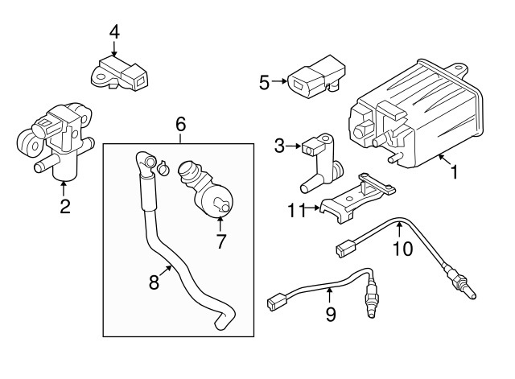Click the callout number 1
tap(454, 172)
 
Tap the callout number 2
tap(65, 207)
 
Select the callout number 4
tap(114, 32)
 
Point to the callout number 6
tap(180, 125)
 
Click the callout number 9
tap(331, 315)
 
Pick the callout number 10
tap(402, 249)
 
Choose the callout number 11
tap(295, 211)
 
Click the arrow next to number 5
tap(279, 81)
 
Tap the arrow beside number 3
tap(293, 146)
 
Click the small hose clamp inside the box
tap(163, 167)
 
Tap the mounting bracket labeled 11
tap(357, 198)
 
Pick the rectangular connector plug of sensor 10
tap(347, 248)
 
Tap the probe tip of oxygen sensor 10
tap(472, 295)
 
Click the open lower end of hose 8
tap(220, 325)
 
